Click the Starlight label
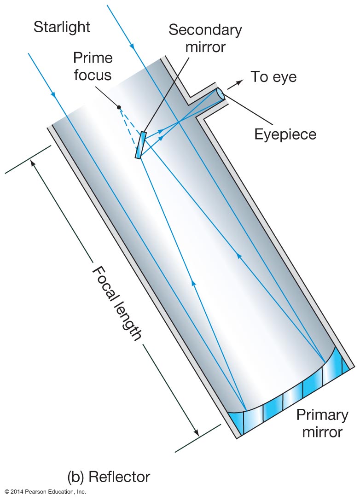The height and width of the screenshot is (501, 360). [x=62, y=27]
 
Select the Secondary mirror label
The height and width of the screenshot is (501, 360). [x=205, y=38]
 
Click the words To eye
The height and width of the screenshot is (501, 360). [x=273, y=77]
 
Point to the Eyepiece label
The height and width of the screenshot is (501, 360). [x=286, y=134]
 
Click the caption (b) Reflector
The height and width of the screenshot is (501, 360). [x=109, y=477]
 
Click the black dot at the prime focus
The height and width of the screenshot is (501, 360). [x=119, y=107]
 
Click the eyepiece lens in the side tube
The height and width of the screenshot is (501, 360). [x=221, y=94]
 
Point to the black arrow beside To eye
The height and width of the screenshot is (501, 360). [x=235, y=84]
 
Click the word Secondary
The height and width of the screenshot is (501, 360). [x=205, y=30]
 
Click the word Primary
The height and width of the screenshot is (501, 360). [x=322, y=415]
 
